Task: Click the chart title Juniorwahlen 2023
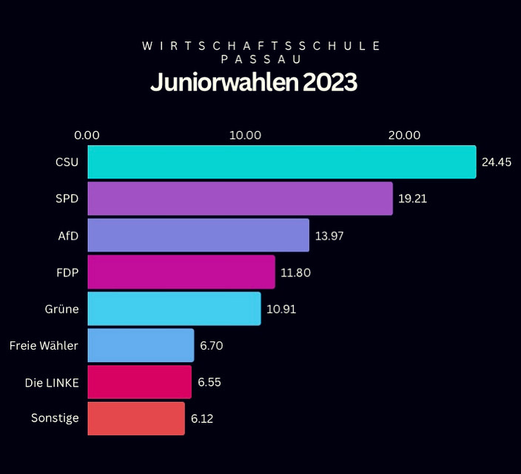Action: [254, 83]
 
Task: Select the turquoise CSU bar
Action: [281, 162]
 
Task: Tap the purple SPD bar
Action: [240, 198]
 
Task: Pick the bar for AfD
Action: [198, 236]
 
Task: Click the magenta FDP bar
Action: [181, 272]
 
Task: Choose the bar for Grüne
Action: [174, 309]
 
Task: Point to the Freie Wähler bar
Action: [141, 345]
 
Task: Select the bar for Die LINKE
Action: [139, 382]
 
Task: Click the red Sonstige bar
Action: [136, 418]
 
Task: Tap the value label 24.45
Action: [497, 162]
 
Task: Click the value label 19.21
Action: [413, 198]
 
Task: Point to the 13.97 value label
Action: [329, 236]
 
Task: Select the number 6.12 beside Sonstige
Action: [203, 418]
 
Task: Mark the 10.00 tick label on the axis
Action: [245, 135]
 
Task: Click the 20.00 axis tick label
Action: [404, 135]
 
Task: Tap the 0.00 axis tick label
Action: [87, 135]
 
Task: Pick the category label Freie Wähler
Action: [44, 345]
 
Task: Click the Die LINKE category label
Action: [52, 382]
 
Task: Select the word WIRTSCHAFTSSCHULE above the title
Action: [260, 46]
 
